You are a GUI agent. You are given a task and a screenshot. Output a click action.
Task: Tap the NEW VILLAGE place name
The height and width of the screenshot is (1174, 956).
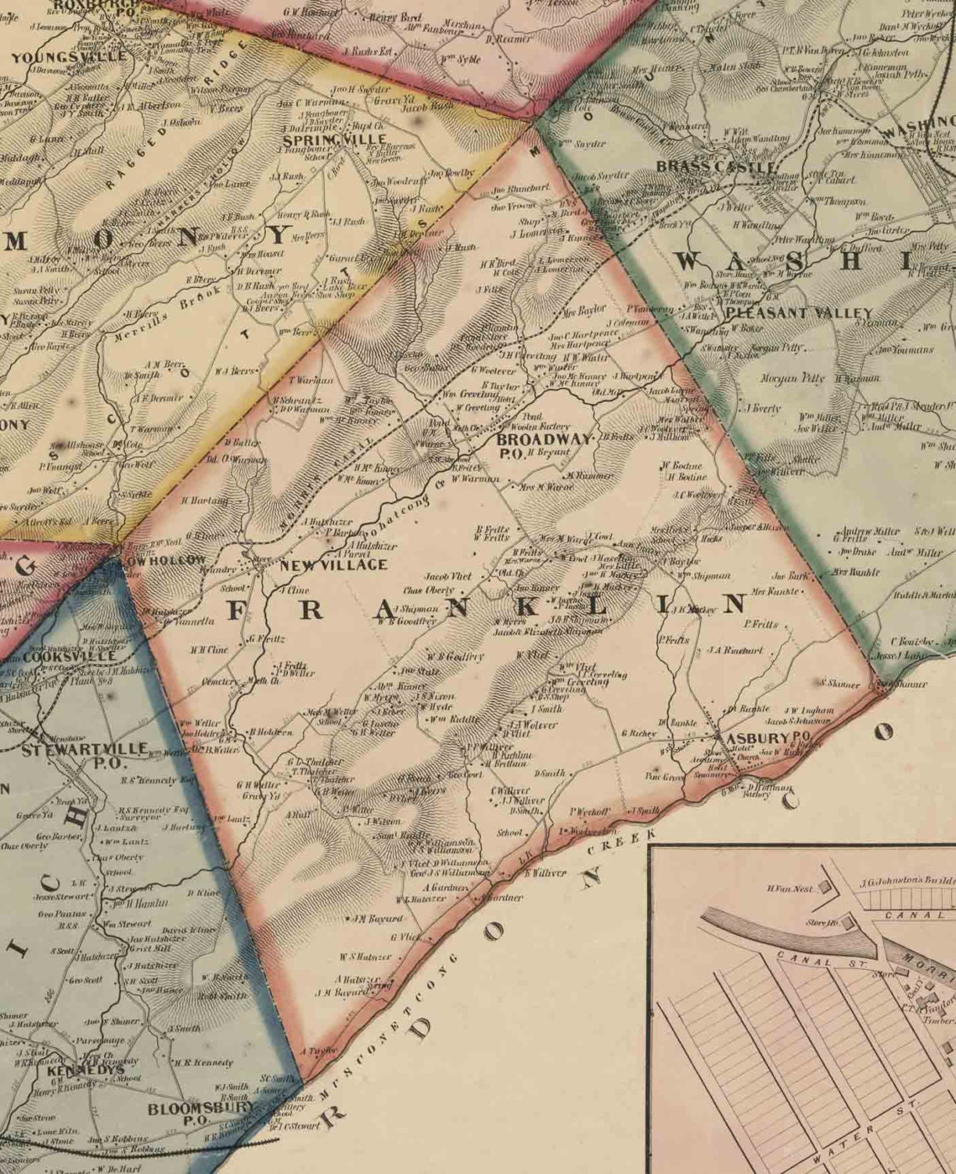(x=334, y=565)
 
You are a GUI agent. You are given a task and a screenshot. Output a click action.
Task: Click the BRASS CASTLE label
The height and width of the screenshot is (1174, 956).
(x=717, y=167)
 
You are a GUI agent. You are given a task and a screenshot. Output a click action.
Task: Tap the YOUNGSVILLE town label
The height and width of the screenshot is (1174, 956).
(x=69, y=57)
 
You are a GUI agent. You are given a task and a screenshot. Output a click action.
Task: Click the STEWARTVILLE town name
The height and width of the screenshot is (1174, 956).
(x=84, y=750)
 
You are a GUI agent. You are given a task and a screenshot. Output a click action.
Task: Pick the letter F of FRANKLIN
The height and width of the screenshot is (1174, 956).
(x=239, y=610)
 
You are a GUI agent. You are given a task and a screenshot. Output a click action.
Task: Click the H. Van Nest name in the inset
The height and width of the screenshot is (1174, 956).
(x=792, y=889)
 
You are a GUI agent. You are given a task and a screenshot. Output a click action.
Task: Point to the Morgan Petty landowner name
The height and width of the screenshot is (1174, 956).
(x=792, y=378)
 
